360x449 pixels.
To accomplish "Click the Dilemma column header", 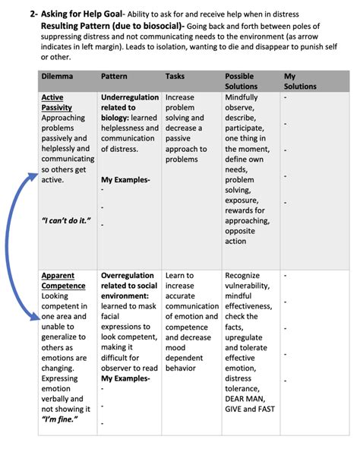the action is tap(57, 77).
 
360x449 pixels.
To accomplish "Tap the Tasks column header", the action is tap(175, 77).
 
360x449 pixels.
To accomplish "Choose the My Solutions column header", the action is tap(301, 81).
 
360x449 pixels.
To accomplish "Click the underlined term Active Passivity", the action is tap(58, 103).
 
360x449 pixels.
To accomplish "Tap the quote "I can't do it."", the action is tap(66, 220).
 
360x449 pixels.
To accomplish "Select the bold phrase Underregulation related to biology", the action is tap(129, 108).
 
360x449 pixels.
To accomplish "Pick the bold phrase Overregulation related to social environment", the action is tap(129, 286).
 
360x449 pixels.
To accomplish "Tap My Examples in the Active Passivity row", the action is tap(125, 179).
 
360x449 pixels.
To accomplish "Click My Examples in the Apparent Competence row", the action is tap(125, 378).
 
